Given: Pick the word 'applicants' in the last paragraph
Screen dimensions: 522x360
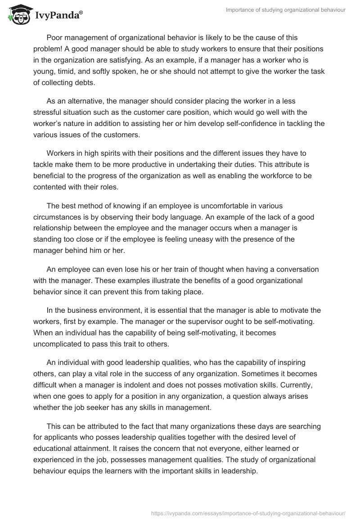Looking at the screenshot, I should (60, 438).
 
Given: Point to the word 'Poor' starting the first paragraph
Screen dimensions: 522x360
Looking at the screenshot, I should (54, 37).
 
